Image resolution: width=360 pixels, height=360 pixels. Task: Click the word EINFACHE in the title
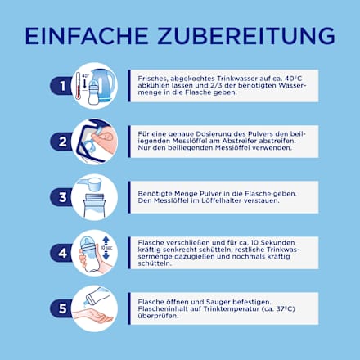coord(87,36)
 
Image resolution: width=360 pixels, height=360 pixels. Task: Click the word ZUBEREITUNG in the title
coord(246,36)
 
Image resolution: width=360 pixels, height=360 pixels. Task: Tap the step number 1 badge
coord(61,86)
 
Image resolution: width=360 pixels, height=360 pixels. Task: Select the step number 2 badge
coord(61,142)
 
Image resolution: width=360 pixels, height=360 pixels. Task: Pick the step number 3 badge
coord(61,197)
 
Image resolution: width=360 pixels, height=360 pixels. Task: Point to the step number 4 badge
coord(61,253)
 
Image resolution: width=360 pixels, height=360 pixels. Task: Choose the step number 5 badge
coord(61,308)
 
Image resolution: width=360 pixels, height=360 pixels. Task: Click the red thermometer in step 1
coord(78,86)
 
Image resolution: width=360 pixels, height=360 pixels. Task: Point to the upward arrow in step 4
coord(106,241)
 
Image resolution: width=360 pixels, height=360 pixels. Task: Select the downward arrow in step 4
coord(106,255)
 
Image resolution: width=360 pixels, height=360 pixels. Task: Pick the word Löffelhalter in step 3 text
coord(221,200)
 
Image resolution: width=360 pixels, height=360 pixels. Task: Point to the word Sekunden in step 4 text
coord(278,242)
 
